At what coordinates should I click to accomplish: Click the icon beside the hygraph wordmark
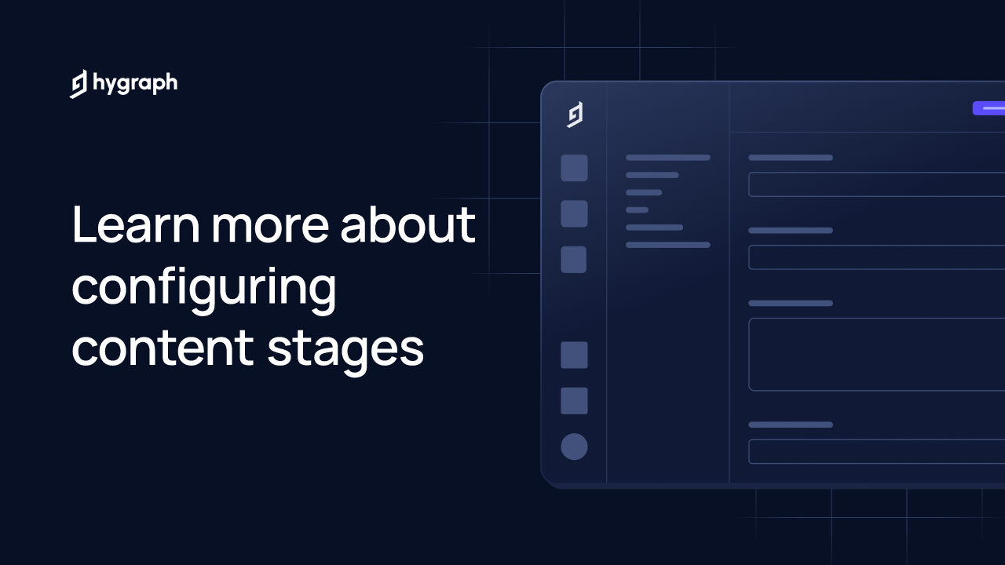(x=78, y=84)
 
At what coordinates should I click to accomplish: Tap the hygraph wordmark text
(x=135, y=84)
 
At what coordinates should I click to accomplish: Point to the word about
(x=407, y=224)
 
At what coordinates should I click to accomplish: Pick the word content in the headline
(x=163, y=349)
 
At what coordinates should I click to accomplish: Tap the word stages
(x=345, y=352)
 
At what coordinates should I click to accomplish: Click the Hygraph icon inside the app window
(x=575, y=115)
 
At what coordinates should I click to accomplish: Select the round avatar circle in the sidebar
(x=574, y=447)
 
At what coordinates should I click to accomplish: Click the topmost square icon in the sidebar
(x=574, y=168)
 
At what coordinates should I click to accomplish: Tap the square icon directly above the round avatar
(x=574, y=401)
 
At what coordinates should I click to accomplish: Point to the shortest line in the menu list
(x=637, y=210)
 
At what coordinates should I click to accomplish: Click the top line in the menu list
(x=668, y=158)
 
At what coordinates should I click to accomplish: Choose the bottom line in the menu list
(x=668, y=245)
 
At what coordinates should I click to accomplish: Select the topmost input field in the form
(x=877, y=184)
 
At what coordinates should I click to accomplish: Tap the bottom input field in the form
(x=877, y=451)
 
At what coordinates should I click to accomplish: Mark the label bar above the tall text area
(x=791, y=303)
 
